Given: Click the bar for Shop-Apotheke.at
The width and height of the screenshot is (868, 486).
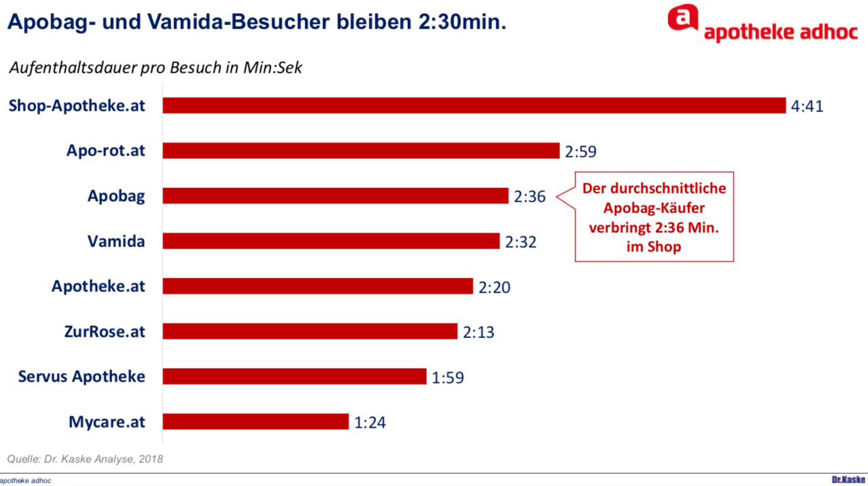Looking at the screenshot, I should pos(474,105).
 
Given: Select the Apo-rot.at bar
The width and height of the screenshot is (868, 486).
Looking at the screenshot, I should pos(361,151).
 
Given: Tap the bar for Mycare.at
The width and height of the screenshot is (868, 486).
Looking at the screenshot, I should pos(256,422).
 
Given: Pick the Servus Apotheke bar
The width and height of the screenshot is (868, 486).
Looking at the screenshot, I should pos(294,376).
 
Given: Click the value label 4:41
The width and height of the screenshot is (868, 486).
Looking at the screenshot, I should pos(807,107).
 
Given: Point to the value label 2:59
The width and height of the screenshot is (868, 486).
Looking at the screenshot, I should pos(580,151).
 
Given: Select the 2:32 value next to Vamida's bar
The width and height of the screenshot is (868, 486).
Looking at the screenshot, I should pos(521,242).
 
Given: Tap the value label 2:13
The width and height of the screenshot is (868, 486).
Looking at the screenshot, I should pos(479,332).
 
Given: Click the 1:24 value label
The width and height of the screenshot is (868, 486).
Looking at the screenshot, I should pos(370,422).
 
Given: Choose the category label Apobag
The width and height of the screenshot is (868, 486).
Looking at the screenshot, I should pos(116,196).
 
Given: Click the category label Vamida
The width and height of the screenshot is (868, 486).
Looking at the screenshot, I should pos(116,241).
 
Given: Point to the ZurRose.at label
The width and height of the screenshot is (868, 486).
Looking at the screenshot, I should pos(105,331).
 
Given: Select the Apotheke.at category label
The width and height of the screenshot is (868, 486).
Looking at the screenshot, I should pos(99,286).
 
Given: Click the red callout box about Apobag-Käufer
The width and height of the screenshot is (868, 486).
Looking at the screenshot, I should pos(654,217).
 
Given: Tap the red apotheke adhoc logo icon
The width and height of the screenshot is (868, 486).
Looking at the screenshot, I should pos(682,18).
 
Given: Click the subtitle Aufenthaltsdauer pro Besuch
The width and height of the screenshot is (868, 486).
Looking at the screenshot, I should pos(156,68).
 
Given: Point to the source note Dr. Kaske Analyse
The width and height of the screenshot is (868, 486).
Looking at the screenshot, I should pos(85,459).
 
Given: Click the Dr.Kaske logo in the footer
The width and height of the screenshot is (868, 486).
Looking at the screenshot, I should pos(849,480).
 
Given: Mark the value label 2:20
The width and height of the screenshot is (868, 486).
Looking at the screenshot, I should pos(494,287).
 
